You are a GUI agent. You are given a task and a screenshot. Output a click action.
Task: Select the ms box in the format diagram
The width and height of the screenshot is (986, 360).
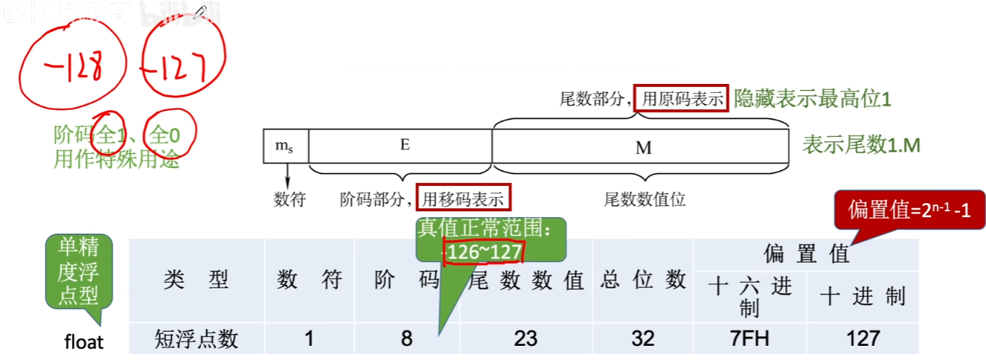tap(285, 146)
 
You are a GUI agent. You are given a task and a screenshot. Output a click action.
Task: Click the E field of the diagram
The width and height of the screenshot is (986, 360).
tap(404, 146)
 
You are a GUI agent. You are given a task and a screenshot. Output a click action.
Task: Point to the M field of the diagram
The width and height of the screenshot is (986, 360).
tap(643, 147)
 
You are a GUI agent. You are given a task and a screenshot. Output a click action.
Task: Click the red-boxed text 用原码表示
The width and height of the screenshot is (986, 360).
tap(681, 99)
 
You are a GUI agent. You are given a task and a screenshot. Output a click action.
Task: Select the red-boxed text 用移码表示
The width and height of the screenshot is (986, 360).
tap(464, 199)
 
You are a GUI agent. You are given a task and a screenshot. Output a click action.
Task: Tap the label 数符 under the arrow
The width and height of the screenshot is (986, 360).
tap(289, 199)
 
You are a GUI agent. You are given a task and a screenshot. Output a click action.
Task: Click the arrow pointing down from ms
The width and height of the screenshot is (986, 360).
tap(286, 176)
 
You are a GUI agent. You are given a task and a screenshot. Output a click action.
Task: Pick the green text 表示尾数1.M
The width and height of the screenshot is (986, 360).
tap(861, 145)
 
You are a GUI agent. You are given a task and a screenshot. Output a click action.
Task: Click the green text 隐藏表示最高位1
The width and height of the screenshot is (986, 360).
tap(812, 99)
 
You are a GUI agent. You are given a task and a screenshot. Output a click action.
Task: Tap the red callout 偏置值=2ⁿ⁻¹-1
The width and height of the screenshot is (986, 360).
tap(910, 210)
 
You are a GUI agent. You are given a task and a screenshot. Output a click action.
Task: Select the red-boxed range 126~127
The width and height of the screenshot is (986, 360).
tap(483, 253)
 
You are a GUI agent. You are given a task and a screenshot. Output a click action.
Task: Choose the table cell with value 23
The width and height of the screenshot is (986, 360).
tap(525, 338)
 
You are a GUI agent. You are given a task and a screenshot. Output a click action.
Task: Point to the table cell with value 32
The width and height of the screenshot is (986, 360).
tap(642, 338)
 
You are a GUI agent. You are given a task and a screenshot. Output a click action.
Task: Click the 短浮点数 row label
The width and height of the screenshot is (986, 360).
tap(196, 338)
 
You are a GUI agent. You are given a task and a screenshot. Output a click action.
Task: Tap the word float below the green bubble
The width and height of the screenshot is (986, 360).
tap(84, 342)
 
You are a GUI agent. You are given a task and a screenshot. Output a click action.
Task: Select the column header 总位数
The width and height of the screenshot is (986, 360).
tap(643, 280)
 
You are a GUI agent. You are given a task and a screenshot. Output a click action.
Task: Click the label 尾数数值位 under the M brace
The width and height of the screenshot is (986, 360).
tap(644, 199)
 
